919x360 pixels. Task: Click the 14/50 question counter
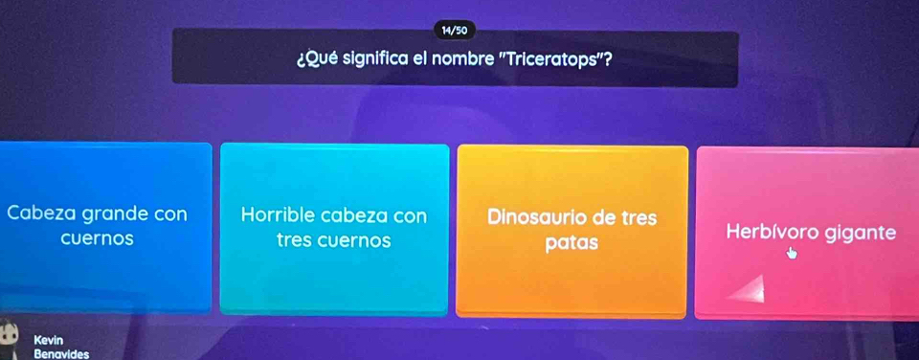coord(455,30)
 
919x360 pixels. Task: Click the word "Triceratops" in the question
coord(550,59)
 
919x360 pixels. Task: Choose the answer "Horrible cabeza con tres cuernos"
coord(334,229)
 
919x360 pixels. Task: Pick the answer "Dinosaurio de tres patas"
coord(572,232)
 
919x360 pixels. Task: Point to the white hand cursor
coord(792,253)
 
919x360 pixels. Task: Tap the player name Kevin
coord(49,340)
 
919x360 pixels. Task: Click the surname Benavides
coord(61,354)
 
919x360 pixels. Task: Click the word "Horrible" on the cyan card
coord(278,215)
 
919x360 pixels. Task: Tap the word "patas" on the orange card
coord(572,243)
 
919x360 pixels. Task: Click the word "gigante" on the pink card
coord(861,234)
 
